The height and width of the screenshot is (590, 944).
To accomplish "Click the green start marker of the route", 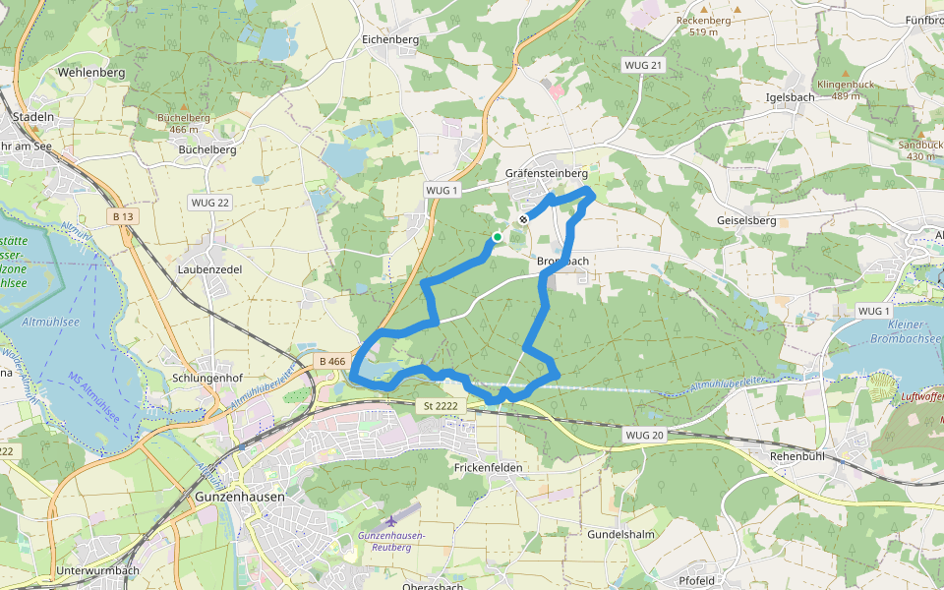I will tap(498, 237).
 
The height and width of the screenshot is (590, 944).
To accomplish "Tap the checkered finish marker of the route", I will tap(524, 219).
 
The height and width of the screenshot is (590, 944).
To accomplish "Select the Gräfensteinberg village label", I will tap(546, 173).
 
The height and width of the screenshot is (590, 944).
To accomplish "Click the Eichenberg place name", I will tap(390, 39).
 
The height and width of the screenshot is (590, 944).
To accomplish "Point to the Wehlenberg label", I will tap(91, 73).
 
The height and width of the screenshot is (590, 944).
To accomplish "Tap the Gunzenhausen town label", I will tap(240, 497).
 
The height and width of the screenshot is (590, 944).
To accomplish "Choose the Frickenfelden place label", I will tap(489, 467).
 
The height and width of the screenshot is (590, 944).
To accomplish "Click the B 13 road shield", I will tap(123, 216).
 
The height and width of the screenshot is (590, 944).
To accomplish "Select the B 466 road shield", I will tap(332, 362).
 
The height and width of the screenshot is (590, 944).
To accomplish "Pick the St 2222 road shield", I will tap(442, 405).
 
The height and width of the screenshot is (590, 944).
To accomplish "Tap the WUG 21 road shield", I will tap(644, 65).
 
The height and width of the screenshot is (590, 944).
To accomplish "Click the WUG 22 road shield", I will tap(209, 203).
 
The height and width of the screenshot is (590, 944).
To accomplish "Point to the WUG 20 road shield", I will tap(644, 434).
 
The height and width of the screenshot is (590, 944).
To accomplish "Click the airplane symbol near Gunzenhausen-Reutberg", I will tap(392, 519).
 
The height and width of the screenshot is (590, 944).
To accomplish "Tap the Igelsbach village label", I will tap(790, 97).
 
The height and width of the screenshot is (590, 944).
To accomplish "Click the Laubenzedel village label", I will tap(210, 267).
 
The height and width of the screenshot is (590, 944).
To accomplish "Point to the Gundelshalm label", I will tap(620, 533).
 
